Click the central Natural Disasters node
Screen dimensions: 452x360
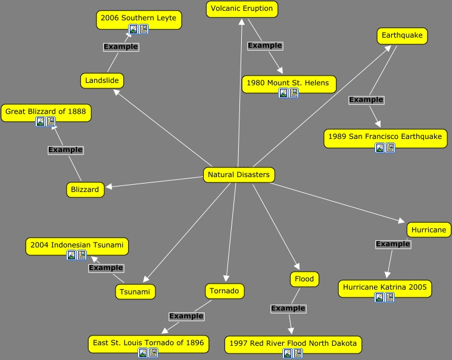[239, 175]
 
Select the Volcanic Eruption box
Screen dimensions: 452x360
[242, 9]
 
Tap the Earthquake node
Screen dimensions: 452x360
[402, 36]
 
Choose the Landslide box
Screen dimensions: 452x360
[102, 80]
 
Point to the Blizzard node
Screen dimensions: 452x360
[85, 190]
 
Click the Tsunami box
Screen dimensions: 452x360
[135, 291]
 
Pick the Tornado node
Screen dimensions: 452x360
[225, 291]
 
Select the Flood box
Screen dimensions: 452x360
[304, 279]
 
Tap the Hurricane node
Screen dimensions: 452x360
[429, 229]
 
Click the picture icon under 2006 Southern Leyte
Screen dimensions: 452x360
[133, 29]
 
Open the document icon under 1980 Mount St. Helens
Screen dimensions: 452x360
[294, 93]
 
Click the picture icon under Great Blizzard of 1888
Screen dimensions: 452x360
[40, 122]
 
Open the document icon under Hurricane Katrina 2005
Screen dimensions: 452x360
[389, 297]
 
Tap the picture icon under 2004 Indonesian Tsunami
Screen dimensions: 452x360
[71, 255]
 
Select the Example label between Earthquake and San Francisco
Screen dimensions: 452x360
[366, 100]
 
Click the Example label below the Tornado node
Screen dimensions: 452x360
[186, 316]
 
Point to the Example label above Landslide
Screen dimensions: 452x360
[121, 46]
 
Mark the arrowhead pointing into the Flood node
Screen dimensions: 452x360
[297, 266]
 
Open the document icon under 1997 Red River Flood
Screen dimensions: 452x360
[298, 353]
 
